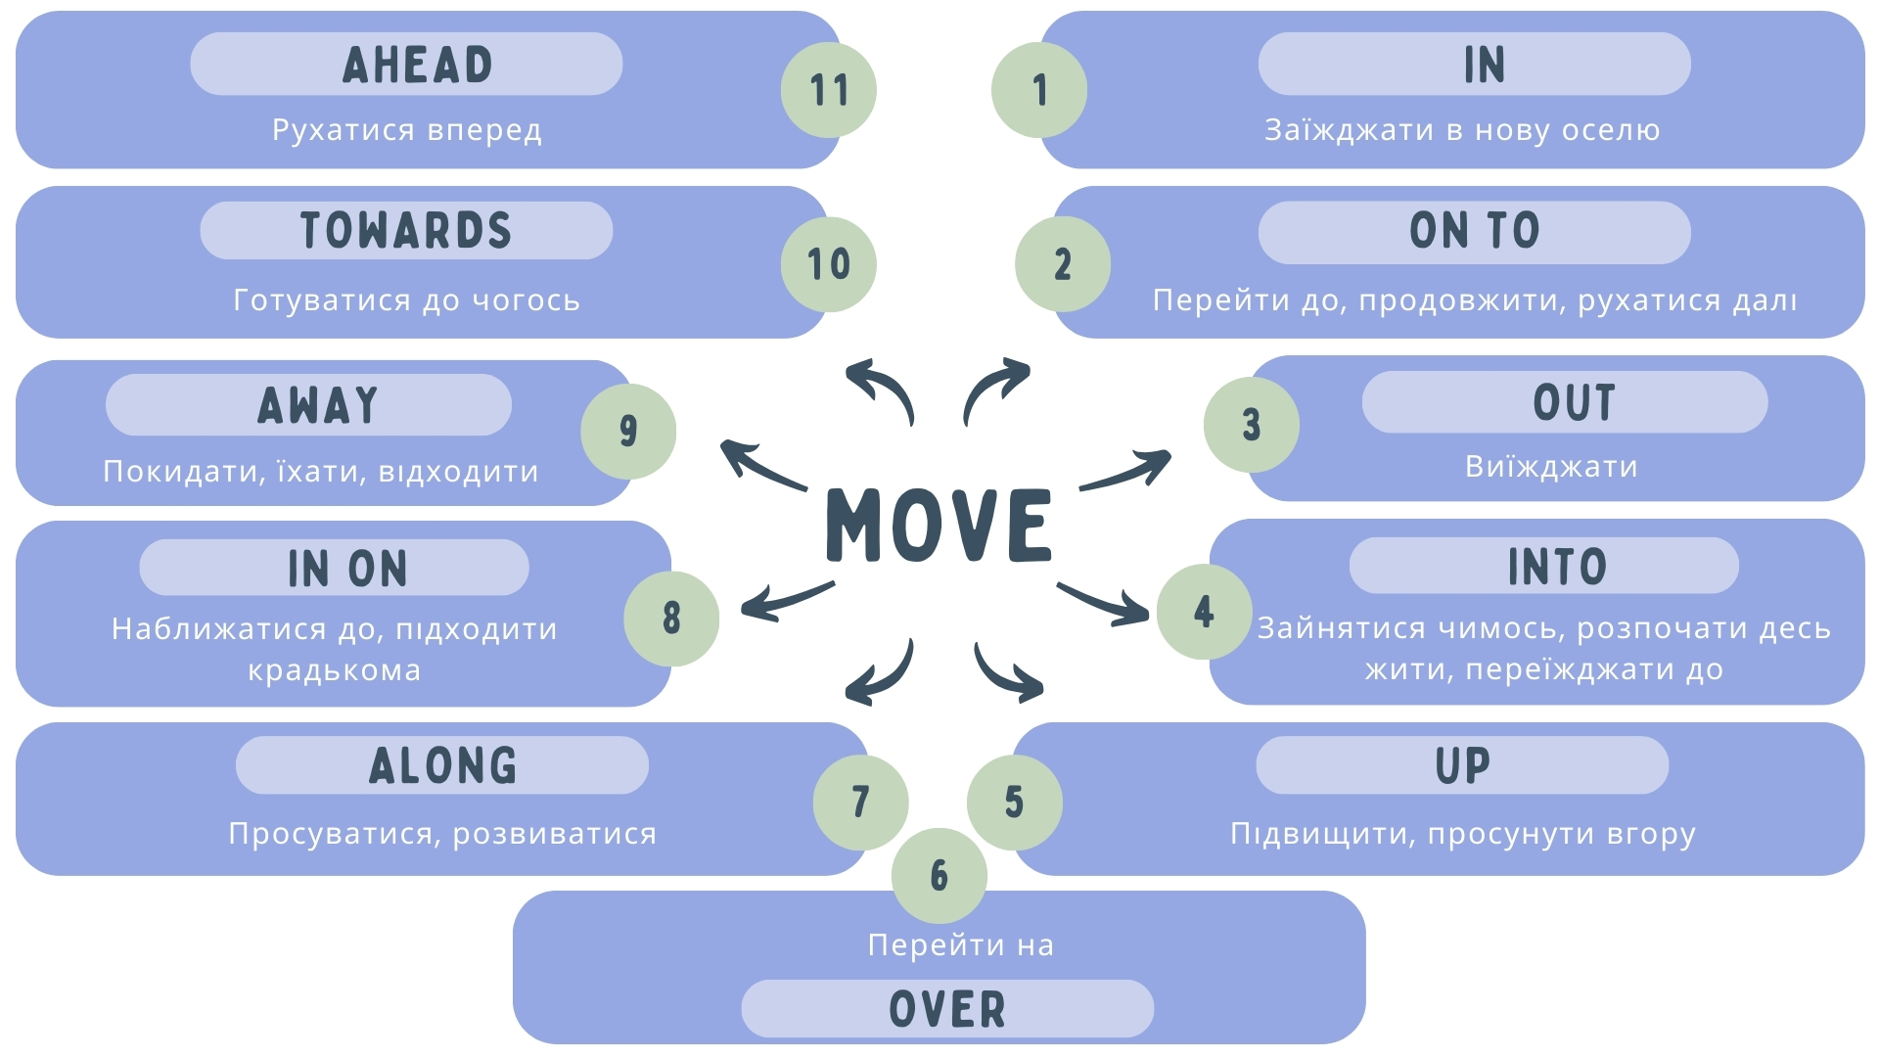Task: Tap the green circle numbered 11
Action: tap(828, 90)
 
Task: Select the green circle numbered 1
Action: tap(1039, 90)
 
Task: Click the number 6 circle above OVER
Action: tap(939, 875)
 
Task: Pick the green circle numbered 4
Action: tap(1204, 612)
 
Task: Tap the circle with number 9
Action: tap(628, 431)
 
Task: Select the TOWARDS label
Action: tap(406, 231)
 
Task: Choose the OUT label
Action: tap(1573, 402)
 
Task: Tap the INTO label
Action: tap(1556, 567)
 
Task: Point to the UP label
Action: tap(1462, 765)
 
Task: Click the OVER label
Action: tap(946, 1009)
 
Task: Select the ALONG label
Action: tap(442, 765)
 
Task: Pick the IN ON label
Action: tap(347, 569)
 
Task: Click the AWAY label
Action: tap(317, 405)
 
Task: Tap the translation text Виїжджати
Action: tap(1551, 467)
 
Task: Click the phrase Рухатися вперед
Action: tap(407, 130)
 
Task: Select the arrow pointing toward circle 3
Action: tap(1125, 471)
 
